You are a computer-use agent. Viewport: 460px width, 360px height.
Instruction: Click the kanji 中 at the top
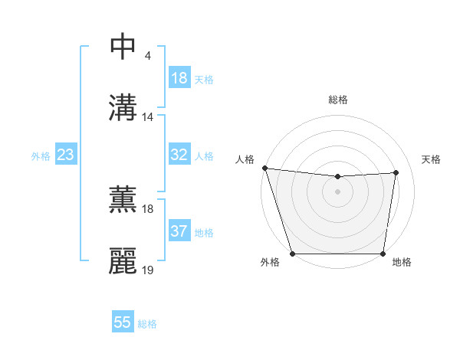pyautogui.click(x=123, y=47)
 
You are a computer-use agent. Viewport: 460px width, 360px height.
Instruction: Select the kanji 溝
pyautogui.click(x=123, y=108)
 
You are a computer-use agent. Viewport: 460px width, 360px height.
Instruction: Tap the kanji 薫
pyautogui.click(x=123, y=200)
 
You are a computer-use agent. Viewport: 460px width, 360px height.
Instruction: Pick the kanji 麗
pyautogui.click(x=123, y=261)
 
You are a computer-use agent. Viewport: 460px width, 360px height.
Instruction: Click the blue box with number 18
pyautogui.click(x=179, y=78)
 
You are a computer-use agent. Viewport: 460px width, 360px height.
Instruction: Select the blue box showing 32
pyautogui.click(x=179, y=155)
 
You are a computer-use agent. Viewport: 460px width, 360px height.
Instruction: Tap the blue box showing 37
pyautogui.click(x=179, y=231)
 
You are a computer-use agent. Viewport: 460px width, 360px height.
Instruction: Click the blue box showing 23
pyautogui.click(x=66, y=155)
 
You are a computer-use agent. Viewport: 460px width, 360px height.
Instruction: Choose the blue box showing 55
pyautogui.click(x=123, y=322)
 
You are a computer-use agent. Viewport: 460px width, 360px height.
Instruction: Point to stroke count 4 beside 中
pyautogui.click(x=147, y=56)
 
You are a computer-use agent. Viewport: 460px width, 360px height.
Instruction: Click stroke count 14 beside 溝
pyautogui.click(x=148, y=117)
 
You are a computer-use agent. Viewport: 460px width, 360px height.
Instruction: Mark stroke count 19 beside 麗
pyautogui.click(x=148, y=270)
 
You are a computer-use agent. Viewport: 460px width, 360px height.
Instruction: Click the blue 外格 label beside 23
pyautogui.click(x=41, y=155)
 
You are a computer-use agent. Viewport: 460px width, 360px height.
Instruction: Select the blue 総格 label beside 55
pyautogui.click(x=147, y=324)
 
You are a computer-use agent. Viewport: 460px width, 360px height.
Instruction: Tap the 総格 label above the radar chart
pyautogui.click(x=337, y=100)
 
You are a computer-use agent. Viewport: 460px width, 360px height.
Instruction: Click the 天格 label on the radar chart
pyautogui.click(x=432, y=159)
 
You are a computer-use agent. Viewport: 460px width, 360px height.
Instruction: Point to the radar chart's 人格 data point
pyautogui.click(x=264, y=168)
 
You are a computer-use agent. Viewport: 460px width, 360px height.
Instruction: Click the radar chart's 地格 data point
pyautogui.click(x=383, y=254)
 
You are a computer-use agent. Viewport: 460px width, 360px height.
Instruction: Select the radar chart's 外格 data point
pyautogui.click(x=292, y=254)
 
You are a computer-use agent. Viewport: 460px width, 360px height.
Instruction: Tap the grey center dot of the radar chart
pyautogui.click(x=337, y=191)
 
